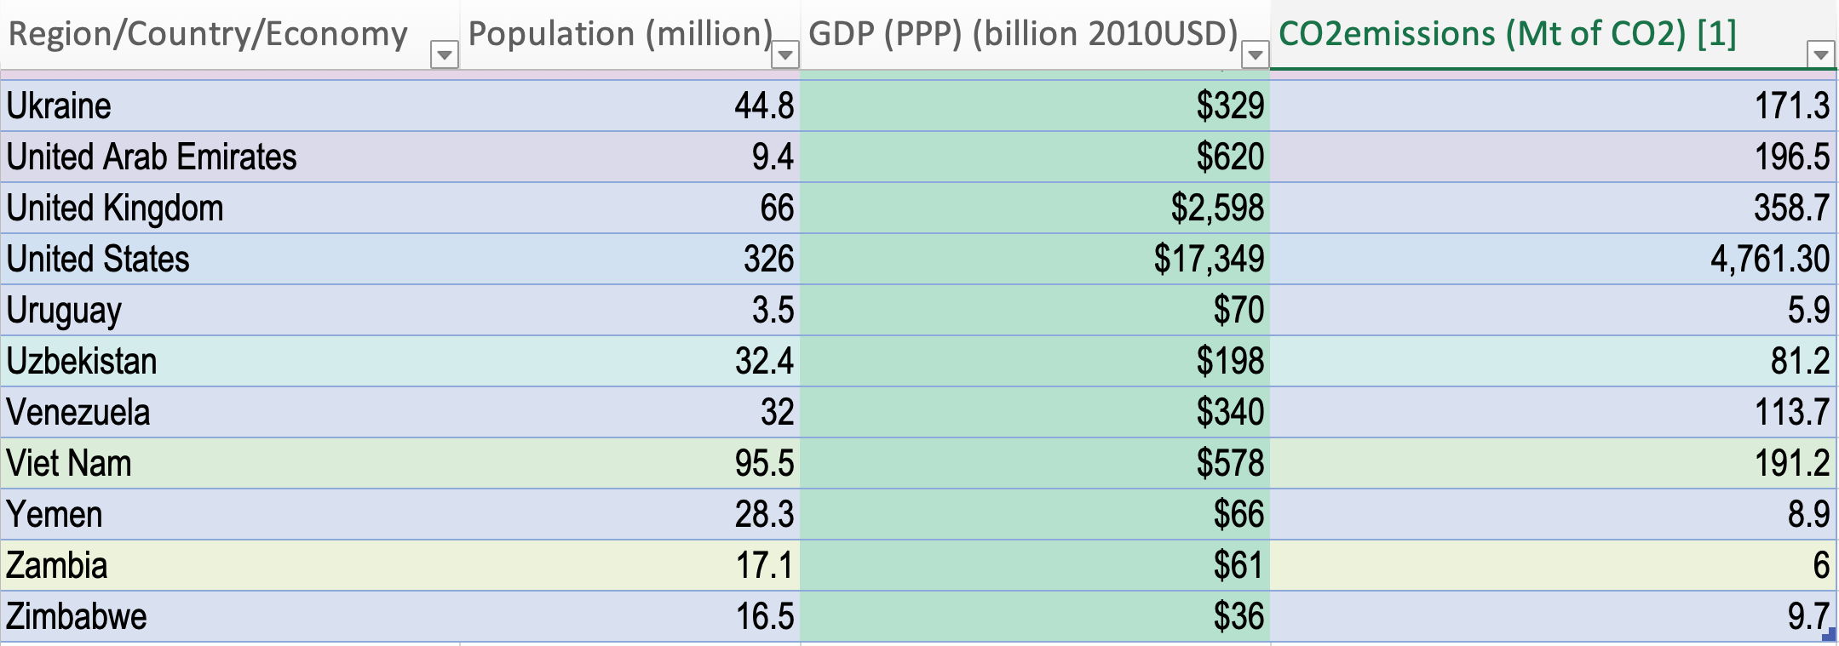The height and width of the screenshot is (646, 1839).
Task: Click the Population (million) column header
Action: [x=620, y=34]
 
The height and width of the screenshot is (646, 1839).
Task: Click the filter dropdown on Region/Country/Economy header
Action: [x=444, y=56]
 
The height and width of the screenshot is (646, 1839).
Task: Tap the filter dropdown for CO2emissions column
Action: [x=1820, y=55]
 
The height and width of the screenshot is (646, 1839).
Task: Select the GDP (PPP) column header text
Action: [x=1022, y=34]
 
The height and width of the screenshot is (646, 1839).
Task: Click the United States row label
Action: [x=98, y=260]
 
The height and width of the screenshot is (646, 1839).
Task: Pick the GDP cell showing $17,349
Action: [x=1209, y=260]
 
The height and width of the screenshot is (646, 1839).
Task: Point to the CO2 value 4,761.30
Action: [x=1769, y=260]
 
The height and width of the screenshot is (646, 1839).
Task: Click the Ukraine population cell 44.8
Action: [x=764, y=106]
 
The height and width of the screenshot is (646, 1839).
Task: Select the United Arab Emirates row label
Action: [x=152, y=157]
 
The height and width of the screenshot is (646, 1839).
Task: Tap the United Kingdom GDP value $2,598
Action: [x=1217, y=209]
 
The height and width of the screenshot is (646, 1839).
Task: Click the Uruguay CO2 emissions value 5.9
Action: [x=1807, y=311]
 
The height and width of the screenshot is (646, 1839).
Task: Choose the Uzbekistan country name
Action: [x=82, y=362]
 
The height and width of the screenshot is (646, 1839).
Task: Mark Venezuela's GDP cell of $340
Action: [x=1230, y=413]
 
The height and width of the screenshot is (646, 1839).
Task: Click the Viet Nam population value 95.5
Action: [x=764, y=464]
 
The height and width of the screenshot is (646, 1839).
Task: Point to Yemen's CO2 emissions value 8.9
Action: [x=1807, y=515]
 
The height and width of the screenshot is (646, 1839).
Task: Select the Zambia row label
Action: [x=57, y=566]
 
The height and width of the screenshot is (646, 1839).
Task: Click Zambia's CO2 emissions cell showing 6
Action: [x=1820, y=566]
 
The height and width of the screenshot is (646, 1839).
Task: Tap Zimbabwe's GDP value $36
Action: [x=1238, y=617]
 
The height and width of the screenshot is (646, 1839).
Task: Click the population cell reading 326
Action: [x=768, y=260]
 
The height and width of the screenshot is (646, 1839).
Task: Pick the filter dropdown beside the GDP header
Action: [x=1254, y=56]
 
